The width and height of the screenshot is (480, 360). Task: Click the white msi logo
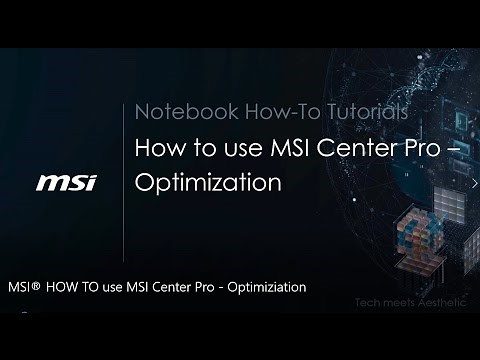click(66, 183)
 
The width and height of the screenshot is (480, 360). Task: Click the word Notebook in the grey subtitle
click(175, 111)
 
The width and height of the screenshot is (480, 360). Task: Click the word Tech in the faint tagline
click(369, 302)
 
